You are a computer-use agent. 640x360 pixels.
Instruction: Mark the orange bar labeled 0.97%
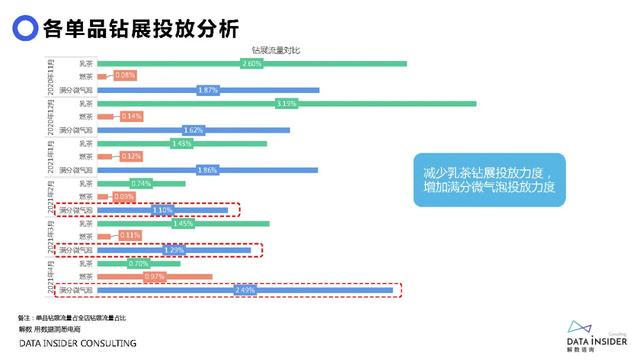click(x=155, y=276)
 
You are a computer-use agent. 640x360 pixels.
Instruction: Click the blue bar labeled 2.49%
click(x=245, y=290)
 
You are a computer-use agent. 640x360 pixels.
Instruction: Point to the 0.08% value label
click(x=125, y=76)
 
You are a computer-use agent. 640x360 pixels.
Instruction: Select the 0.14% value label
click(x=131, y=116)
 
